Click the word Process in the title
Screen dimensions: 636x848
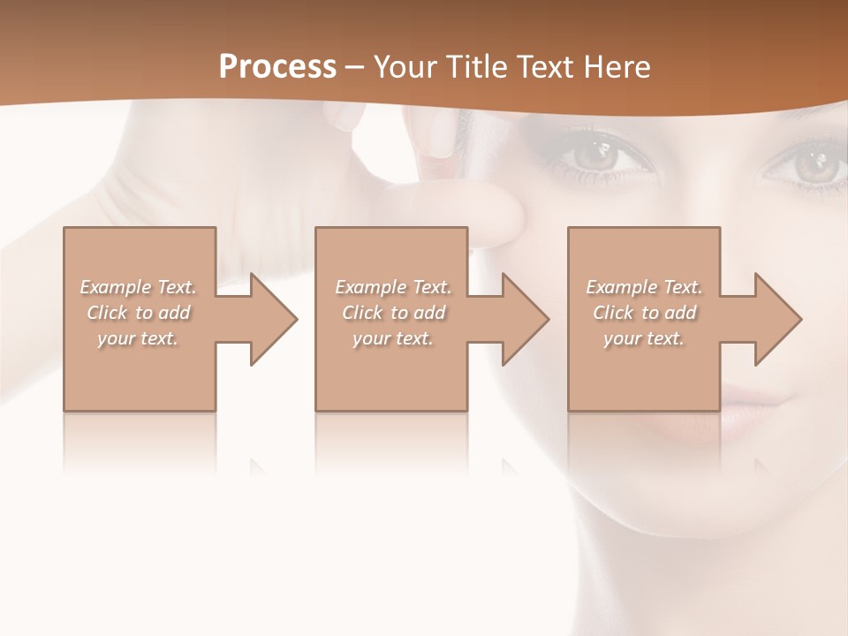point(277,67)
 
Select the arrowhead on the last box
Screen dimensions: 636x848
point(776,319)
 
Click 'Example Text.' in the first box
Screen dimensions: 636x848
point(138,287)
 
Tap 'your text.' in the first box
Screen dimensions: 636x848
point(138,338)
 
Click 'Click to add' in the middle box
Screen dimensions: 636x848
point(393,313)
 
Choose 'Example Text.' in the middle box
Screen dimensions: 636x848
point(393,287)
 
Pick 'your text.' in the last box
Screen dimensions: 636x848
point(644,338)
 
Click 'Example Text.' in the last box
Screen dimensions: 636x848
point(644,287)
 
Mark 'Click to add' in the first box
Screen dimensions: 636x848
point(138,313)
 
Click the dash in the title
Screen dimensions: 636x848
point(354,67)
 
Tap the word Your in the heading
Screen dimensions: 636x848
point(402,67)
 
